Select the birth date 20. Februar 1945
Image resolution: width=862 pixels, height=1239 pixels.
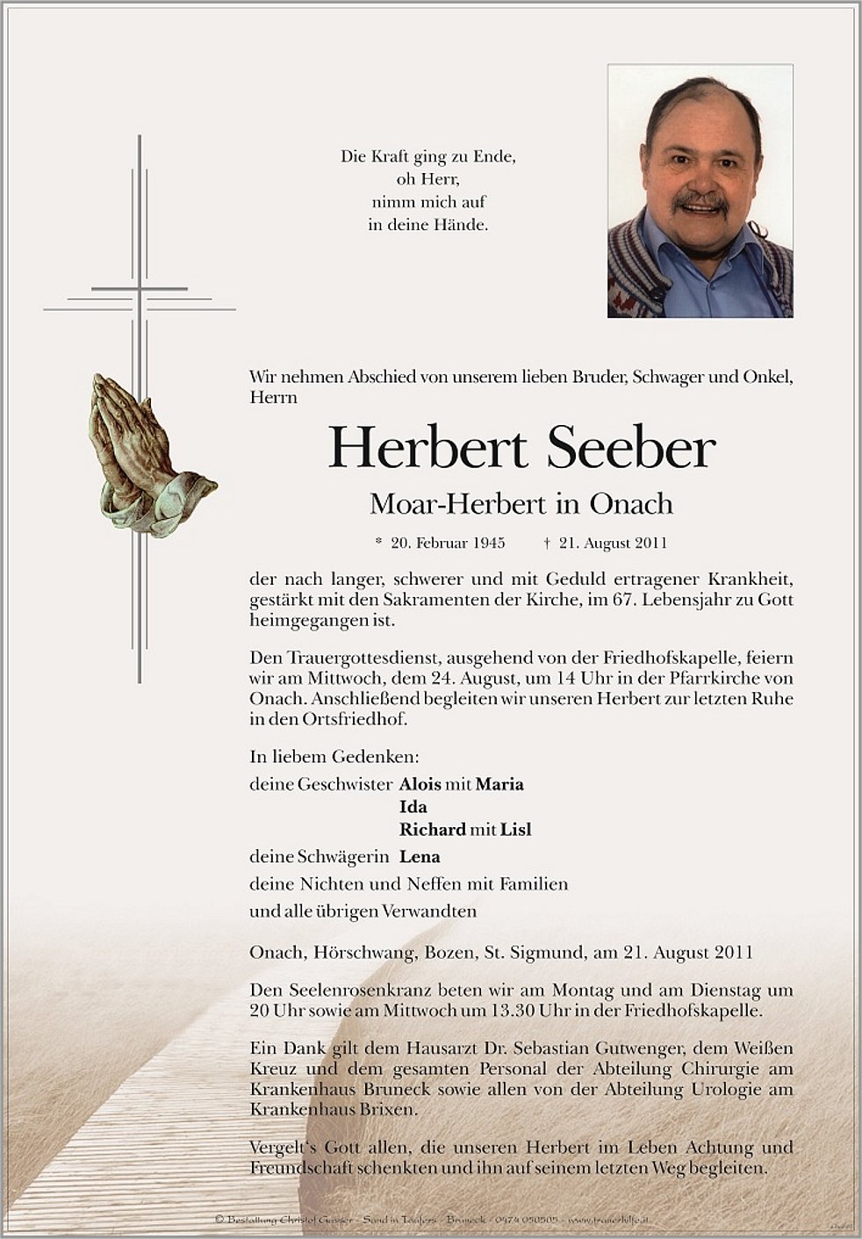coord(448,543)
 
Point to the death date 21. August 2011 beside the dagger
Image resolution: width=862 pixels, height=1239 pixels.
coord(613,543)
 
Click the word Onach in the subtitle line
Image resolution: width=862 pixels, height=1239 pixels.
coord(631,504)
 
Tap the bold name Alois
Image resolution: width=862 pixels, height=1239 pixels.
coord(420,784)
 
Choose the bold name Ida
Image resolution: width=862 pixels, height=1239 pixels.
coord(413,807)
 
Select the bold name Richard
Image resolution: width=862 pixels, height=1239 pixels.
coord(433,830)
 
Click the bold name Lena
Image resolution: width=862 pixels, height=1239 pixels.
coord(420,857)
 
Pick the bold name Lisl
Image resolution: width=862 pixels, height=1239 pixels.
coord(516,830)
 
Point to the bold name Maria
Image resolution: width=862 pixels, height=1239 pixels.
coord(499,784)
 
